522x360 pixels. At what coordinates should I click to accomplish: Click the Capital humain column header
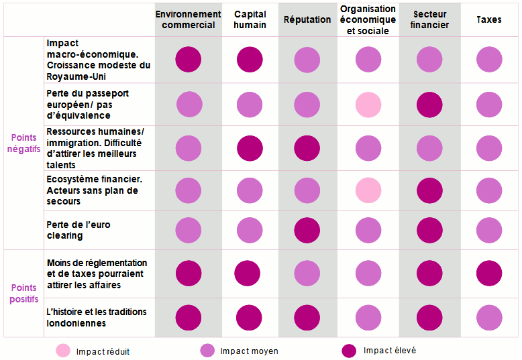click(x=250, y=19)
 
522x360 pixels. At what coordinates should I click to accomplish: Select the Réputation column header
click(x=307, y=19)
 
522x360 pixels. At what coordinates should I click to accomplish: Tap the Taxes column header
click(x=488, y=19)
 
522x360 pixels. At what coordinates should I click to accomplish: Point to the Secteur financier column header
click(x=430, y=19)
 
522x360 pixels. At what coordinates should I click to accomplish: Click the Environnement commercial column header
click(x=188, y=19)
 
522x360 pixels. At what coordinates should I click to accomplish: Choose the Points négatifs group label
click(x=24, y=143)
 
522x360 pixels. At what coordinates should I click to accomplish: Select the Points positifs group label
click(x=24, y=294)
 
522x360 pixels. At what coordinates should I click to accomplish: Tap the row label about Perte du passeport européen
click(x=88, y=104)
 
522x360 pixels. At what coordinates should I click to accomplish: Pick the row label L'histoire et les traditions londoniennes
click(x=97, y=317)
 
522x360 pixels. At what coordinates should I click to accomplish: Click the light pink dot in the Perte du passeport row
click(x=368, y=105)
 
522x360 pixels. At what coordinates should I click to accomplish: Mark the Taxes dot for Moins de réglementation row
click(x=488, y=274)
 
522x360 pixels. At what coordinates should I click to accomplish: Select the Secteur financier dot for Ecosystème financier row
click(x=429, y=190)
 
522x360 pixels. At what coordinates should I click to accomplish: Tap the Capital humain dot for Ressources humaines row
click(x=250, y=148)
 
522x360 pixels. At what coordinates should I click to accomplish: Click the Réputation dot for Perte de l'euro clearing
click(x=307, y=230)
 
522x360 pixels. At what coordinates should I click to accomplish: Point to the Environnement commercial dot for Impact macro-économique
click(x=189, y=59)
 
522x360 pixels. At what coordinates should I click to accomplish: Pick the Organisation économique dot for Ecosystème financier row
click(x=368, y=190)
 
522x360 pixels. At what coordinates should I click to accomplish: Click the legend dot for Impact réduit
click(x=63, y=351)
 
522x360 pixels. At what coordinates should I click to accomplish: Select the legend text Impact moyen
click(x=249, y=351)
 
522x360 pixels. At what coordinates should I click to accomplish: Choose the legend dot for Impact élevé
click(x=349, y=351)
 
